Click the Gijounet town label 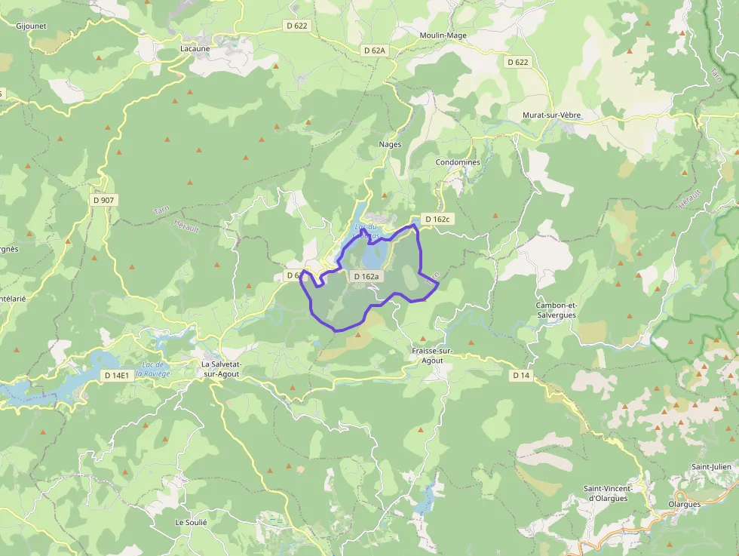click(x=32, y=25)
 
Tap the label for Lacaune click(x=195, y=48)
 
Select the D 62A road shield click(x=373, y=51)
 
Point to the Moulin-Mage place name click(x=443, y=35)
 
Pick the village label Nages click(x=390, y=144)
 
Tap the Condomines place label click(x=458, y=162)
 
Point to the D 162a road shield click(x=365, y=277)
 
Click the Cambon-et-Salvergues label click(x=555, y=310)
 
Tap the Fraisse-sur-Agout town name click(x=432, y=356)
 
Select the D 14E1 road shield click(x=117, y=375)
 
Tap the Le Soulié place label click(x=191, y=522)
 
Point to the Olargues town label click(x=684, y=504)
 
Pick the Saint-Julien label click(x=712, y=467)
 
